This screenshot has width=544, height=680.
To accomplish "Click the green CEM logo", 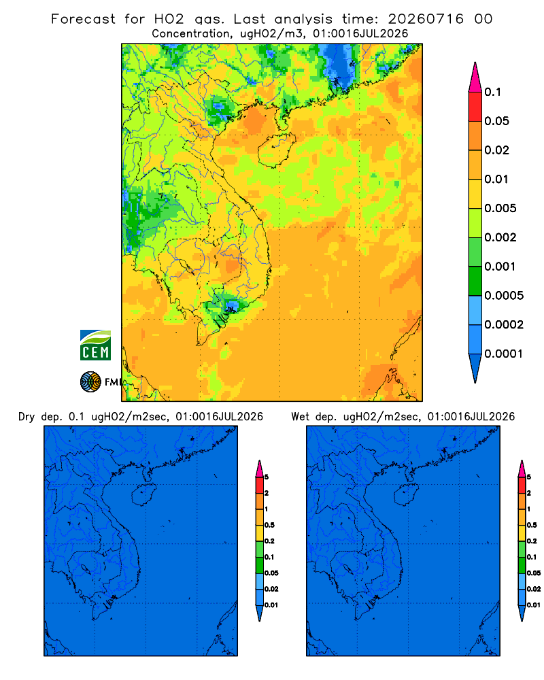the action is (95, 345).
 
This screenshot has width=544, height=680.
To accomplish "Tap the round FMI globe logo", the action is (90, 381).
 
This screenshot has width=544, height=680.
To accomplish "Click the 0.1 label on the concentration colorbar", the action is (492, 92).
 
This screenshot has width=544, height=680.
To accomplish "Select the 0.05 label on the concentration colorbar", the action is (496, 121).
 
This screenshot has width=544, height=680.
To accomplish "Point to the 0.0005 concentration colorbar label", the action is (504, 296).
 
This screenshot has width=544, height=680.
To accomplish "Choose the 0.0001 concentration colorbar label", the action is (504, 354).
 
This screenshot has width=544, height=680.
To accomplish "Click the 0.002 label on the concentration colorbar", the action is (500, 237).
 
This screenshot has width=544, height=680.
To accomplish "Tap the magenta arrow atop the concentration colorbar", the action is (475, 77).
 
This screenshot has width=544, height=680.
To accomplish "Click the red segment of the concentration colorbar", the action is (475, 106).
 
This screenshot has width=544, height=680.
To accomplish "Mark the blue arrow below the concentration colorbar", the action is (475, 368).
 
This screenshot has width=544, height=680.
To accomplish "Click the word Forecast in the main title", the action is (83, 19).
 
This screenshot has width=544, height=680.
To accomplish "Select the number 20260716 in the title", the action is (426, 19).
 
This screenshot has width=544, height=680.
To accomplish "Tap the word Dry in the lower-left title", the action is (26, 417).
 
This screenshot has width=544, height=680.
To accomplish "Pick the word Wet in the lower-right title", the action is (300, 417).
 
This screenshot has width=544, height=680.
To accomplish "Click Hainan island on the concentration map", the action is (276, 150).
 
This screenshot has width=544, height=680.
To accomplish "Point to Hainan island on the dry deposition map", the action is (143, 495).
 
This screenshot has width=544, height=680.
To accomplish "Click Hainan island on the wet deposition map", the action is (407, 495).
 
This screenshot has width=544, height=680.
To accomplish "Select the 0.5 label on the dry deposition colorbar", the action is (269, 525).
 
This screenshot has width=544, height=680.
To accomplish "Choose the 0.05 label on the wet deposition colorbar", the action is (534, 573).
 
